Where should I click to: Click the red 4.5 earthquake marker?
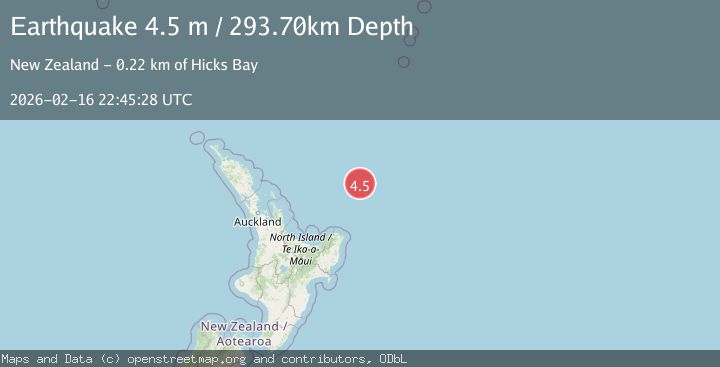360,184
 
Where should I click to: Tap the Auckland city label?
258,222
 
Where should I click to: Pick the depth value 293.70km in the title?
286,27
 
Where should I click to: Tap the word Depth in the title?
380,27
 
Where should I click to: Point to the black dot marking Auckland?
257,212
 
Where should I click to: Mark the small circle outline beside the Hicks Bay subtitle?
403,62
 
